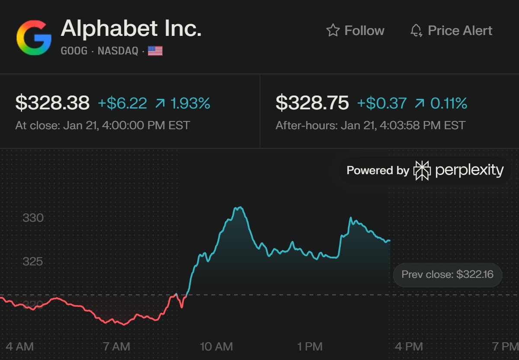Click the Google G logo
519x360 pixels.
34,38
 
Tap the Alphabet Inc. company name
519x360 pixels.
131,29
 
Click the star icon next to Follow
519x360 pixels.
333,30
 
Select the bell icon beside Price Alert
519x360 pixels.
416,31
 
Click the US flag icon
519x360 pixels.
155,51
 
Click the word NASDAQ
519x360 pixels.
118,51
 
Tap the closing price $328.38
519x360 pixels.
52,103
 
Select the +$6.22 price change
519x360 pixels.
122,103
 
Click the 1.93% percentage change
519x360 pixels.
190,103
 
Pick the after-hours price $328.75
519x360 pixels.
312,103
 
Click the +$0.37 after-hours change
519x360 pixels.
382,103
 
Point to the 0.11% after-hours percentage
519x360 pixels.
449,103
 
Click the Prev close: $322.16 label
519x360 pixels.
447,274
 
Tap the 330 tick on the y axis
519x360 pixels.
33,218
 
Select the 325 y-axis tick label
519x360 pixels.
33,261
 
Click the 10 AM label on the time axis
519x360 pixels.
216,346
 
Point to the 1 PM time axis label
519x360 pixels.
310,346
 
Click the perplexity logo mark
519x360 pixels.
422,170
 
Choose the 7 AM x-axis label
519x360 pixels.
117,346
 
